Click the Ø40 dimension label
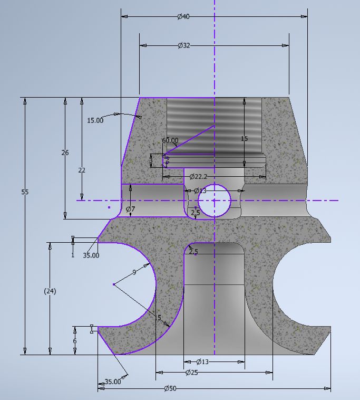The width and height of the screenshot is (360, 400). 183,17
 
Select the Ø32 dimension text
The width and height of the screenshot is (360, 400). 183,46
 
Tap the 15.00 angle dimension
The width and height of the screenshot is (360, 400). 95,120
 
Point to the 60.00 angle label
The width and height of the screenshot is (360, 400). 170,140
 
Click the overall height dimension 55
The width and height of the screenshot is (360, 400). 25,192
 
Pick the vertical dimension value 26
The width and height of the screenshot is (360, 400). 65,153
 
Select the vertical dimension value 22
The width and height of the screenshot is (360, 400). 82,170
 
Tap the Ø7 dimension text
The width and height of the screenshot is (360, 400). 130,209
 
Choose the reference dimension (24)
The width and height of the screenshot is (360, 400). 50,291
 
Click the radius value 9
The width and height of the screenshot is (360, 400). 134,272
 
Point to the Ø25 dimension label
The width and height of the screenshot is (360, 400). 192,373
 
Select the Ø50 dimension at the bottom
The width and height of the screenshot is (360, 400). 170,388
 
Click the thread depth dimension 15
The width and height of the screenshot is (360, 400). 244,139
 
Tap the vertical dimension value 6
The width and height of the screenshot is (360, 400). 75,341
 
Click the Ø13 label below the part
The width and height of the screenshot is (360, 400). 203,362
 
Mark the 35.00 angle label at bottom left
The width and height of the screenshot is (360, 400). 112,382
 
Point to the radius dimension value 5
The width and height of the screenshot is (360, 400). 159,318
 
